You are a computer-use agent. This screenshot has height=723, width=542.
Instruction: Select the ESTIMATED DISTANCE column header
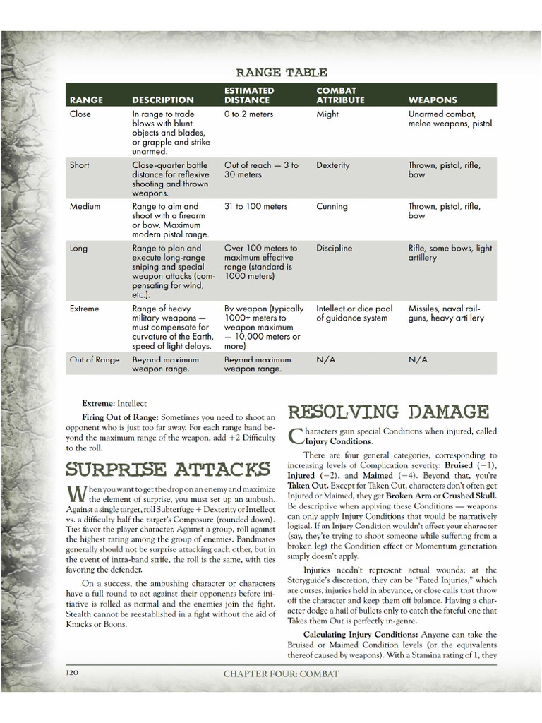point(249,95)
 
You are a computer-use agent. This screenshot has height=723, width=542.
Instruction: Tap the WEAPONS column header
point(433,100)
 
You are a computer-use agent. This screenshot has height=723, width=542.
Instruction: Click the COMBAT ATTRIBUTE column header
point(340,95)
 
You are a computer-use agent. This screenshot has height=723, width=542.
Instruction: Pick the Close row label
point(80,114)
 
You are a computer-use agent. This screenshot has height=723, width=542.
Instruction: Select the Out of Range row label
point(95,359)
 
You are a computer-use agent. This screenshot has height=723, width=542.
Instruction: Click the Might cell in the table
point(327,114)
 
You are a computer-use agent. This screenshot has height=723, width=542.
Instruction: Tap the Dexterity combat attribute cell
point(333,165)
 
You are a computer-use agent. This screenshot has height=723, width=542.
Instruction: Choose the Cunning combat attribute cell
point(332,206)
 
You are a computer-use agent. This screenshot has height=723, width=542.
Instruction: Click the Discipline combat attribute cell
point(335,249)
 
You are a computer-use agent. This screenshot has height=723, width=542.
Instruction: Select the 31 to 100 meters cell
point(256,206)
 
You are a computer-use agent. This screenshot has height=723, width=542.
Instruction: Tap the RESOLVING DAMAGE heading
point(388,411)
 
